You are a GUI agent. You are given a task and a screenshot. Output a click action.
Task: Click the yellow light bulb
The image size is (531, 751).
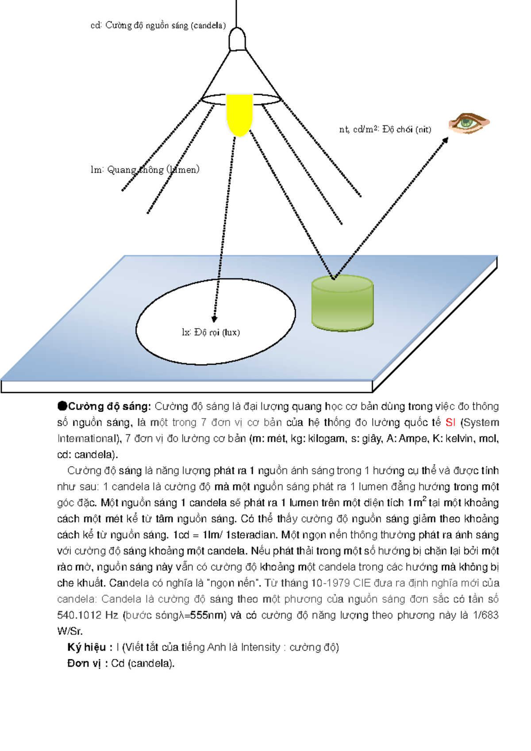[x=239, y=114]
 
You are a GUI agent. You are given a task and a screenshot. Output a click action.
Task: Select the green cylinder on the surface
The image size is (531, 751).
[x=342, y=303]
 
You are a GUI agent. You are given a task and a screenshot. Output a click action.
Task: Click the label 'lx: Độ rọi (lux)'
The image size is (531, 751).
[x=211, y=332]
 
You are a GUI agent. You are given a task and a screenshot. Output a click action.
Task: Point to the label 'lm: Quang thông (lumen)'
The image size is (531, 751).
[x=145, y=169]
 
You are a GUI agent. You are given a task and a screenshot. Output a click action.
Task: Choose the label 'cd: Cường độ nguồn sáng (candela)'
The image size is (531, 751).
[x=158, y=25]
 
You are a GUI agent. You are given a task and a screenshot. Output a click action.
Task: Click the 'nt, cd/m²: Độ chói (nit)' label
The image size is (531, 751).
[x=385, y=129]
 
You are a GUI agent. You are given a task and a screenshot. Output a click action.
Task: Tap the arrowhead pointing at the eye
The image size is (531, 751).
[x=445, y=140]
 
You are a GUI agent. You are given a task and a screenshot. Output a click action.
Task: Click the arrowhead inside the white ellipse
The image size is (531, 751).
[x=214, y=318]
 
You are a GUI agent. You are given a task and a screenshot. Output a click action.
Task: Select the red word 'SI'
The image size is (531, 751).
[x=450, y=422]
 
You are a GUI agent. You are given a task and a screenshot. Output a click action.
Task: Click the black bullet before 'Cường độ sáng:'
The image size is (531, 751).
[x=62, y=406]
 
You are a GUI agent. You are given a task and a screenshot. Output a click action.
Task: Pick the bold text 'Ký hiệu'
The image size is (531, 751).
[x=86, y=647]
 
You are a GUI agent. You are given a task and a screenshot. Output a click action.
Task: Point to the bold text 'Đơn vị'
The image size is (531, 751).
[x=84, y=663]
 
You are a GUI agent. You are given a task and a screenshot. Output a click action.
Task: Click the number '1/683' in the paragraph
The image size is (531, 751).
[x=485, y=615]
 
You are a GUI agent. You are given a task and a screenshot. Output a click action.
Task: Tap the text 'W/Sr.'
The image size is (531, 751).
[x=70, y=631]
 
